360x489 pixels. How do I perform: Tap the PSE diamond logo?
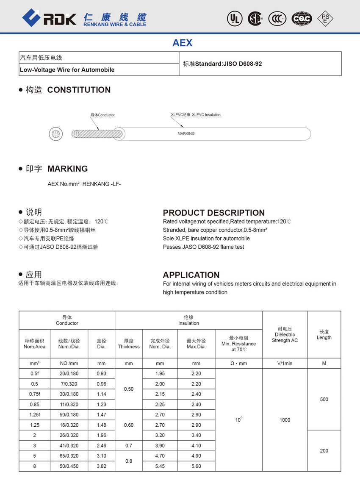pos(325,18)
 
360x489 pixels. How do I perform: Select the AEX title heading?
pos(183,43)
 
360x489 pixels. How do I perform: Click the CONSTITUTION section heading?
pos(79,90)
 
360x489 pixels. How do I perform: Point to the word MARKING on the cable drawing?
pos(186,133)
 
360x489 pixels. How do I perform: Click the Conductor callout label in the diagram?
pos(103,115)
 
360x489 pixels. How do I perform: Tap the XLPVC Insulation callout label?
pos(196,115)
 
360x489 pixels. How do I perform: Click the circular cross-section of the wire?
pos(55,134)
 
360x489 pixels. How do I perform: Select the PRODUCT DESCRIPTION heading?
pos(213,213)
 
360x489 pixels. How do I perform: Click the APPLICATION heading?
pos(191,275)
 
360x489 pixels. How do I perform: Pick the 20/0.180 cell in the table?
pos(69,374)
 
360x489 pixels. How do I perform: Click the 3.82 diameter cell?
pos(101,466)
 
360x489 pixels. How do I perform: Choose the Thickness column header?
pos(129,344)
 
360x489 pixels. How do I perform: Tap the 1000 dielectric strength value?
pos(285,420)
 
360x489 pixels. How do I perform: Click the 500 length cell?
pos(324,399)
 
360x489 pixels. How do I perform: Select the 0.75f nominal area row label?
pos(34,394)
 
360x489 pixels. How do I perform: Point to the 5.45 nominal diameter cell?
pos(160,466)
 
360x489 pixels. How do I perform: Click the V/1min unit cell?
pos(285,364)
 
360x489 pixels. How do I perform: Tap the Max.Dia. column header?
pos(196,344)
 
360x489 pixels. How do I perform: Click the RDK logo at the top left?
pos(49,18)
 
